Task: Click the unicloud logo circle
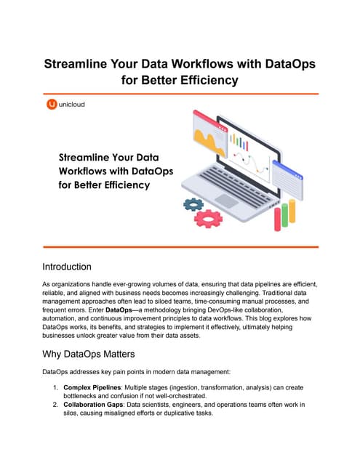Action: coord(51,105)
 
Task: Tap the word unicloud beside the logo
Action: coord(72,105)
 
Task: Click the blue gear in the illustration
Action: coord(194,204)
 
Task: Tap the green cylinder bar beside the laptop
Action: coord(285,216)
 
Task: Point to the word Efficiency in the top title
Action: coord(202,79)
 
